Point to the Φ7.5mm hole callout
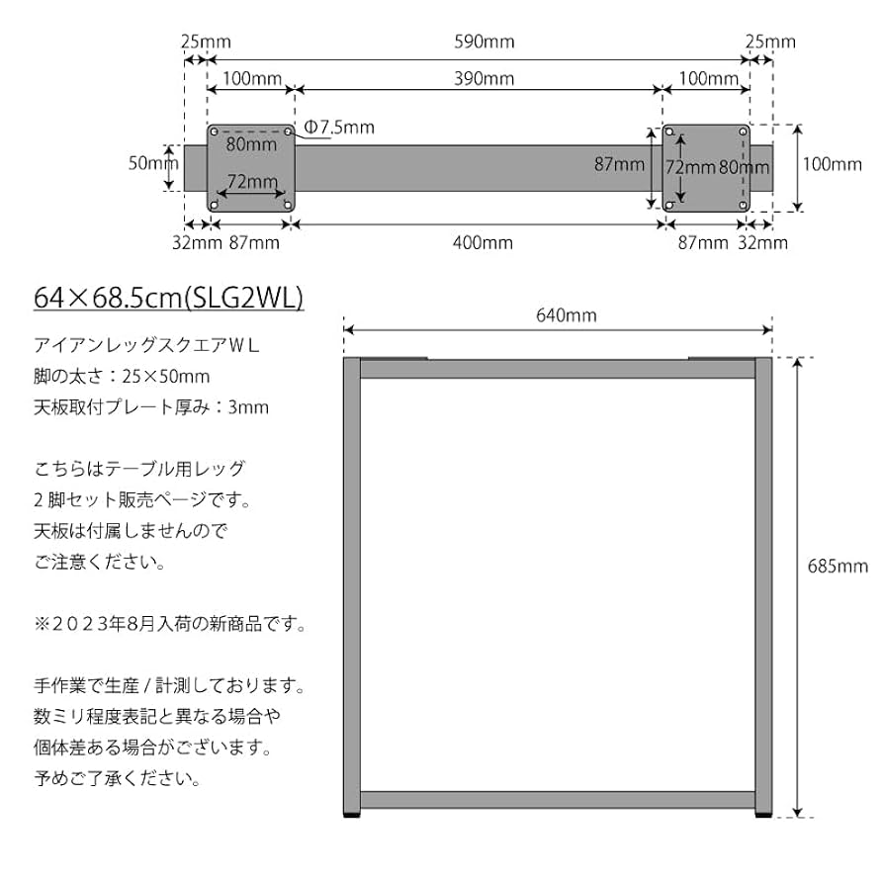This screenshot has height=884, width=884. point(339,128)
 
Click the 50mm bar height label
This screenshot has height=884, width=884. point(149,163)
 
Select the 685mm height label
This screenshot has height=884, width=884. point(838,567)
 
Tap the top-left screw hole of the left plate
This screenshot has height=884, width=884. point(216,132)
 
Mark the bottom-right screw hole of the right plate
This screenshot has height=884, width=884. point(742,204)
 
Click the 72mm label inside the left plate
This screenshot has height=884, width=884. point(251,181)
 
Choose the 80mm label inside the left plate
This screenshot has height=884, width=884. point(251,144)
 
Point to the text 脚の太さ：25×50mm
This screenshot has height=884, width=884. point(122,376)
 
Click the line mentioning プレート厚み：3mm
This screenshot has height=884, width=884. point(151,406)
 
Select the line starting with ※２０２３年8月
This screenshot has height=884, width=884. point(170,624)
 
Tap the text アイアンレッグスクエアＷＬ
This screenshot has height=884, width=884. point(145,345)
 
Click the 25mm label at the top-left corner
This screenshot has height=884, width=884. point(206,42)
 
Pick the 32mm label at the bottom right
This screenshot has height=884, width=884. point(763,242)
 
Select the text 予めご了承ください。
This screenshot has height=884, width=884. point(118,778)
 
